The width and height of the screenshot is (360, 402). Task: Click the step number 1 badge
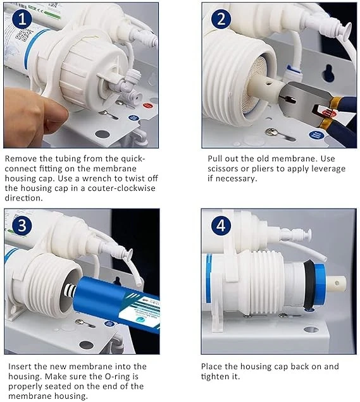pos(22,19)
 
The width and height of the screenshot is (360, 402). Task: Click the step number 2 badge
pos(221,19)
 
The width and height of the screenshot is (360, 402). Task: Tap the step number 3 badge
pos(22,226)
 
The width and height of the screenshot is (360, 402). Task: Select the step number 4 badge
pos(221,226)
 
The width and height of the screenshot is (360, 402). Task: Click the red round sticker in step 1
pos(147,106)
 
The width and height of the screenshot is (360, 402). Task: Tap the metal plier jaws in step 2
pos(303,100)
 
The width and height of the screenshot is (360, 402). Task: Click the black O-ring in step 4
pos(309,284)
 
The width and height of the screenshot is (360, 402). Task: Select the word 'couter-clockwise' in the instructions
pos(121,188)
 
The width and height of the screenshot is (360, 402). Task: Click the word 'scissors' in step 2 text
pos(223,169)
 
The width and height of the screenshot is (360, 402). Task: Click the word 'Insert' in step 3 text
pos(20,367)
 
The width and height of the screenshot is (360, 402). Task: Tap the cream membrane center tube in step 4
pos(335,283)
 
